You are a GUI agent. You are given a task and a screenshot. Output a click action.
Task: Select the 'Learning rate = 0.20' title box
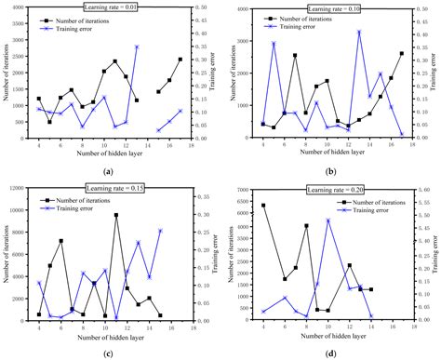(x=327, y=192)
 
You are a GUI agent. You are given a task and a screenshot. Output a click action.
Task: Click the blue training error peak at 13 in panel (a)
(x=137, y=47)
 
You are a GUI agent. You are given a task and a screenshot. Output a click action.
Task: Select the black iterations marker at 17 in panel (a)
(x=180, y=60)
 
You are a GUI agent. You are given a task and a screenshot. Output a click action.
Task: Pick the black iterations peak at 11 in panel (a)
(x=115, y=61)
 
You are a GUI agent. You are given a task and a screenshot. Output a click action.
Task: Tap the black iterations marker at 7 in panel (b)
(x=295, y=55)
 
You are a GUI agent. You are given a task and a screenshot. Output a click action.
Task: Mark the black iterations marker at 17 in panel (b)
(x=402, y=54)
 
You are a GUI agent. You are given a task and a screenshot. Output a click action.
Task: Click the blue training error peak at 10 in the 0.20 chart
(x=327, y=220)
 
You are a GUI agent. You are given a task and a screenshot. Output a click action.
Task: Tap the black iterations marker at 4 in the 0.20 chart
(x=263, y=206)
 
